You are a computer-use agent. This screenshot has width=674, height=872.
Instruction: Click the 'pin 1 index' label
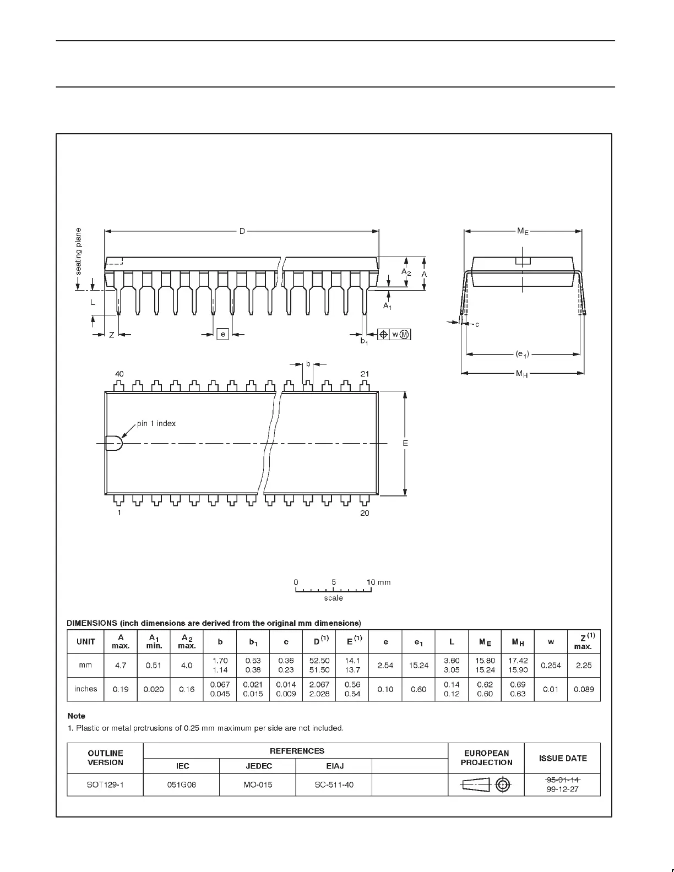coord(156,423)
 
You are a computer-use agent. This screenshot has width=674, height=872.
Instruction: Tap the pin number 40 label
coord(119,374)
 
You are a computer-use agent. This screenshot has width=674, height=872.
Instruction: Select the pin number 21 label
coord(365,374)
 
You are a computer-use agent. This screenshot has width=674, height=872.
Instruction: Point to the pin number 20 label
coord(365,513)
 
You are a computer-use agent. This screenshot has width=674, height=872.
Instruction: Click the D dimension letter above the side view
coord(242,232)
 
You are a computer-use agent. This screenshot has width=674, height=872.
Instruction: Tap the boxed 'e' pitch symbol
coord(222,334)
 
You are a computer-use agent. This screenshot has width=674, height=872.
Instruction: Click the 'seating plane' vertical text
coord(79,251)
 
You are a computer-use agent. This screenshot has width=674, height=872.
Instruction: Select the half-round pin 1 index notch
coord(114,443)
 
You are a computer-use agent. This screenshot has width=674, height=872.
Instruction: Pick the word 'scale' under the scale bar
coord(333,598)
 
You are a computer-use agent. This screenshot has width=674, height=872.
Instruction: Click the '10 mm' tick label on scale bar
coord(378,582)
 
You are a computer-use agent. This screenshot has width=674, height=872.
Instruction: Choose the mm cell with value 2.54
coord(385,665)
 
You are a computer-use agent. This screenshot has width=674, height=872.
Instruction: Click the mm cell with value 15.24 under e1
coord(418,665)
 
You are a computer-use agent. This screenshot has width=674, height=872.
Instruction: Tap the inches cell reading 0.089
coord(584,689)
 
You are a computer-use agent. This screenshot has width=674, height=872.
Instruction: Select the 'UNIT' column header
coord(85,641)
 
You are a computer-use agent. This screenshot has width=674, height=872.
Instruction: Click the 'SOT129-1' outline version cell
coord(105,784)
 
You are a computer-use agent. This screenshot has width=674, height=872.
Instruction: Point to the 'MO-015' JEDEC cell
coord(258,784)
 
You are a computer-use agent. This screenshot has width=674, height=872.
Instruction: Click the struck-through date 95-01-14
coord(563,780)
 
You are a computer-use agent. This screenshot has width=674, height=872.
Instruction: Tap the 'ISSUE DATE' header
coord(563,758)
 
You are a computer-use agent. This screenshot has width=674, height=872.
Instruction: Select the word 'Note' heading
coord(77,716)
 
